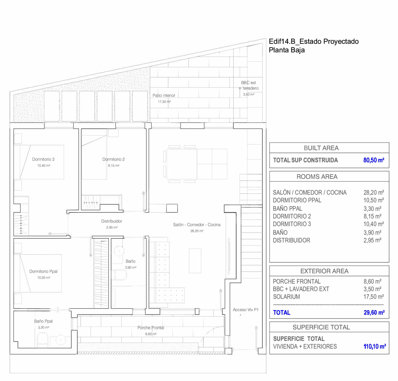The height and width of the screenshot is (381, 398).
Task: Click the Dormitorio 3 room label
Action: tap(43, 159)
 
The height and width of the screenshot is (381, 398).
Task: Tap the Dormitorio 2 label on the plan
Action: tap(114, 159)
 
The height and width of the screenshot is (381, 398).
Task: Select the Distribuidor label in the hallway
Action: tap(112, 221)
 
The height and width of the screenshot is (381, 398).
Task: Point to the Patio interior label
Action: tap(164, 96)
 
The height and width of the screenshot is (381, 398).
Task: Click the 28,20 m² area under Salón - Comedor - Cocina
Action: tap(197, 231)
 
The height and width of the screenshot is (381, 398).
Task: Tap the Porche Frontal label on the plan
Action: tap(151, 328)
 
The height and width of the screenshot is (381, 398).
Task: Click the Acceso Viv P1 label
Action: tap(246, 310)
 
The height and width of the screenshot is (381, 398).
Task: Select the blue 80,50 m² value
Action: tap(374, 160)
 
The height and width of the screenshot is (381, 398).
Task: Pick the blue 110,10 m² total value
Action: tap(375, 346)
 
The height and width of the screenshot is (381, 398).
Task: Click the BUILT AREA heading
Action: tap(321, 148)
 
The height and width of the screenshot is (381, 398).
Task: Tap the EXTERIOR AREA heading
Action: tap(324, 271)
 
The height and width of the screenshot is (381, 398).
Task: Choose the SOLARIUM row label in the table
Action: tap(286, 297)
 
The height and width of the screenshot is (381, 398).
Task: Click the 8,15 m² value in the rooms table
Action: tap(372, 216)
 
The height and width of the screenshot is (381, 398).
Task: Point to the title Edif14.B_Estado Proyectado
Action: tap(314, 41)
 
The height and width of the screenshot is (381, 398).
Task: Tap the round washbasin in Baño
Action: tap(119, 251)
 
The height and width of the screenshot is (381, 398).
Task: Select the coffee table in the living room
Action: tap(195, 261)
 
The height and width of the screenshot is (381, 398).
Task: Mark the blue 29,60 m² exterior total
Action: tap(374, 312)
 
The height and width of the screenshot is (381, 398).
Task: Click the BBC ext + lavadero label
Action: tap(249, 85)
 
